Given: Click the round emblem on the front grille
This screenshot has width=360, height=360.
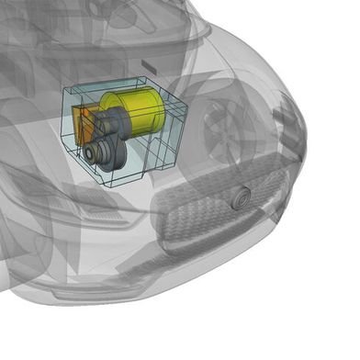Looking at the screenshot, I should [242, 196].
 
